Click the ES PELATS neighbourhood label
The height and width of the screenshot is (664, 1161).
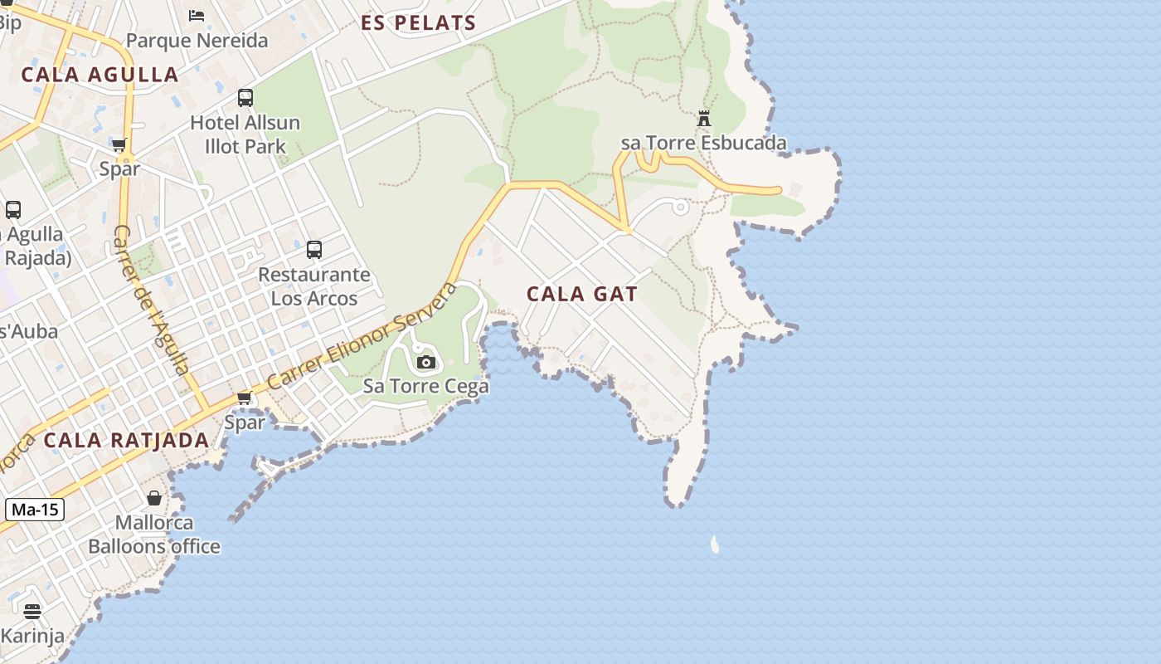pyautogui.click(x=419, y=23)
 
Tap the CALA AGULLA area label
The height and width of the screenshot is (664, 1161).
pyautogui.click(x=100, y=75)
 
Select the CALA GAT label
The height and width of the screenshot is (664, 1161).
pyautogui.click(x=582, y=294)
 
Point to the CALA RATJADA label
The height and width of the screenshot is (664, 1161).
pyautogui.click(x=126, y=441)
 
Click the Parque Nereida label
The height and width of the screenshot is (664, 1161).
pyautogui.click(x=197, y=41)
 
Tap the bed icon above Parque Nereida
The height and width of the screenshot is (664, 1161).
pyautogui.click(x=197, y=15)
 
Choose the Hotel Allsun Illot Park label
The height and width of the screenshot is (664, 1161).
pyautogui.click(x=245, y=134)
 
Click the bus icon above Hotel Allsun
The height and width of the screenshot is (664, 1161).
pyautogui.click(x=245, y=98)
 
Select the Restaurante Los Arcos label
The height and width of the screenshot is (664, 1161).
pyautogui.click(x=314, y=286)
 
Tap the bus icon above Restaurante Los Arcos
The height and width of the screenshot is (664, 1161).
pyautogui.click(x=314, y=249)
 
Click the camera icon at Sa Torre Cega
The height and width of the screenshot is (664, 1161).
pyautogui.click(x=426, y=362)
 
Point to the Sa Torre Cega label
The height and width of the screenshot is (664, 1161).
pyautogui.click(x=426, y=386)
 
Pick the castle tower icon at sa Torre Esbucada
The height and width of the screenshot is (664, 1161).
pyautogui.click(x=704, y=119)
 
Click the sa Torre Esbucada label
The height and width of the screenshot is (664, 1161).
pyautogui.click(x=704, y=143)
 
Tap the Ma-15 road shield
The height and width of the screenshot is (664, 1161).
pyautogui.click(x=35, y=510)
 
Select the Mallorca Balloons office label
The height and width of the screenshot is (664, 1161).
pyautogui.click(x=154, y=535)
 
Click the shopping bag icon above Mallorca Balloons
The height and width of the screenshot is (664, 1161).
pyautogui.click(x=154, y=498)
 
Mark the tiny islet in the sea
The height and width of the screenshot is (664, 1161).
pyautogui.click(x=715, y=544)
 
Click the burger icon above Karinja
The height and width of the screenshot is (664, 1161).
pyautogui.click(x=32, y=613)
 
